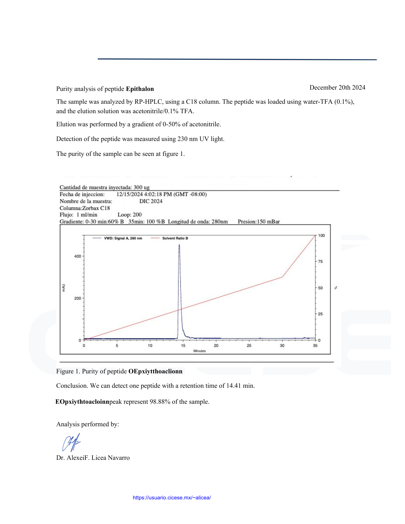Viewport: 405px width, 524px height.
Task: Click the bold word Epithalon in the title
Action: pyautogui.click(x=140, y=89)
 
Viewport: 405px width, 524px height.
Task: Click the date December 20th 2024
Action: pyautogui.click(x=337, y=88)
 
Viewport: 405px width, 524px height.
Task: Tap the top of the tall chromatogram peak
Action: pyautogui.click(x=179, y=245)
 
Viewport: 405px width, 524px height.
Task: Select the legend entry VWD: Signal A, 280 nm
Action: pyautogui.click(x=123, y=238)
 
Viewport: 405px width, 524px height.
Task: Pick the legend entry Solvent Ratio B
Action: pyautogui.click(x=175, y=238)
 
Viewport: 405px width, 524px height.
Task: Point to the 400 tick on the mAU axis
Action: pyautogui.click(x=78, y=256)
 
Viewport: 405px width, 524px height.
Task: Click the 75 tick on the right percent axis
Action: pyautogui.click(x=320, y=261)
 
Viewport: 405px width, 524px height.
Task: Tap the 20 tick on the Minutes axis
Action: pyautogui.click(x=216, y=346)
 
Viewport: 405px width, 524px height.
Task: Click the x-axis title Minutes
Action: pyautogui.click(x=199, y=351)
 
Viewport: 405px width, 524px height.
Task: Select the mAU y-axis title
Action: pyautogui.click(x=63, y=288)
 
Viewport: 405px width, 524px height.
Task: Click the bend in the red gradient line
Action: pyautogui.click(x=282, y=277)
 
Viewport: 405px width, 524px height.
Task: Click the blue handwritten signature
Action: pyautogui.click(x=71, y=442)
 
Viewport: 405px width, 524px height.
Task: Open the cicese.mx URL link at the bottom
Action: pyautogui.click(x=172, y=498)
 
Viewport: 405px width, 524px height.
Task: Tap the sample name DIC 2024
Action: pyautogui.click(x=151, y=201)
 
